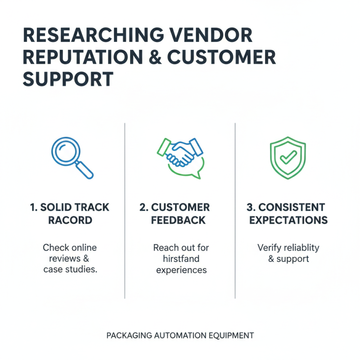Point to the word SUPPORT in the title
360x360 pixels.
click(67, 79)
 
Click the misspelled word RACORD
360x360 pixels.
click(70, 220)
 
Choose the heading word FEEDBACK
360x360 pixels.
click(179, 220)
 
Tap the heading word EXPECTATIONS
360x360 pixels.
click(288, 220)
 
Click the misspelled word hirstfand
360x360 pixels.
click(180, 259)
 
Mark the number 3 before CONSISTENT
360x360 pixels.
click(250, 207)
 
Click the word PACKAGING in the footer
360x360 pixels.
click(128, 336)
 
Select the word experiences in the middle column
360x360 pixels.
click(181, 270)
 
